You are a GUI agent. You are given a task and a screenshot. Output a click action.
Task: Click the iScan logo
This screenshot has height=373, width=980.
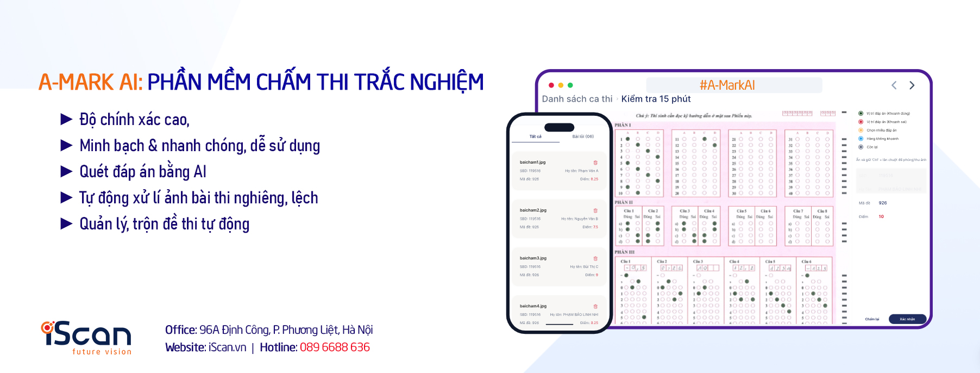click(86, 337)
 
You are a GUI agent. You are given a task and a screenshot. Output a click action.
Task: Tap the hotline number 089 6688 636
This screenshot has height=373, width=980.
click(335, 347)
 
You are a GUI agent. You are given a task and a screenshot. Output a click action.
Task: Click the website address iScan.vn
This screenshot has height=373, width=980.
click(227, 347)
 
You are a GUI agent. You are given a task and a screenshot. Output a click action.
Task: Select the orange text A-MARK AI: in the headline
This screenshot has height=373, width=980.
click(90, 83)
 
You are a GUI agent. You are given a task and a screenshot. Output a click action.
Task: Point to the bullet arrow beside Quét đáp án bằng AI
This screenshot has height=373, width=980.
click(66, 172)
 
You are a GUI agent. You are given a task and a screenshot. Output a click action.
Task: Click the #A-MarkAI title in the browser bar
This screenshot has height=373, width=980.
click(727, 85)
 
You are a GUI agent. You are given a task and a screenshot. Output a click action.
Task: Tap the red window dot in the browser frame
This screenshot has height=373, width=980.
click(551, 85)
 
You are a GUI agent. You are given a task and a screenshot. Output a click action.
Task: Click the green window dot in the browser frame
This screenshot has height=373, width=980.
click(570, 85)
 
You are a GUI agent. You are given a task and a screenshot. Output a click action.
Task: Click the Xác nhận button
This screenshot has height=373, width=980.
click(907, 319)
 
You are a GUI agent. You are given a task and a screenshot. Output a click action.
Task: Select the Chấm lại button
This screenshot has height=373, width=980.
click(872, 319)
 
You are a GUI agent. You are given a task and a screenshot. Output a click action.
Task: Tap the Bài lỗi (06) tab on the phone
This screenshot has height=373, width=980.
click(583, 136)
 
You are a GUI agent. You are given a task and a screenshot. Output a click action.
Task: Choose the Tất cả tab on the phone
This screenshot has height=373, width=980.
click(535, 136)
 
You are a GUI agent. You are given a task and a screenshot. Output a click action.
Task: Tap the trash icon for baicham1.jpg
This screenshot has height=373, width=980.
click(595, 163)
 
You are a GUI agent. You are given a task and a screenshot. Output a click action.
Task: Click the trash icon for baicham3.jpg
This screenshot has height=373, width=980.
click(595, 258)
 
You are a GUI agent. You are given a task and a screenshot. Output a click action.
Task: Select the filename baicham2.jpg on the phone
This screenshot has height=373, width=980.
click(533, 210)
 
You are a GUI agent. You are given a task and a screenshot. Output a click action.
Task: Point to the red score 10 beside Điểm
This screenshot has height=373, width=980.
click(881, 216)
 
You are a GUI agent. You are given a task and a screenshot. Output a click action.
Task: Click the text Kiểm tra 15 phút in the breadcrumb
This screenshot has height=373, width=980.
click(656, 99)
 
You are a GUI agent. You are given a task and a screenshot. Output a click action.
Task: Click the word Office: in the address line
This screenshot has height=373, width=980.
click(181, 330)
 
